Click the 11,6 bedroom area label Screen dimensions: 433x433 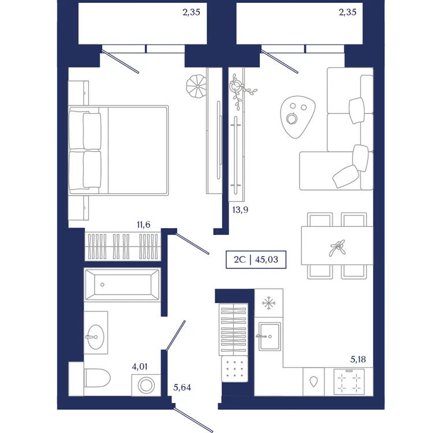point(144,225)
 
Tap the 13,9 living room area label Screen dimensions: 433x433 point(240,210)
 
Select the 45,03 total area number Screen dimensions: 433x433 point(267,260)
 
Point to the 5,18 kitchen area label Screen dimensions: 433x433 point(358,359)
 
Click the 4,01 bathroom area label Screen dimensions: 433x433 point(140,367)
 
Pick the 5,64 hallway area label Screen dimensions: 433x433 point(182,387)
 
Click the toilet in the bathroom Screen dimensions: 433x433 point(97,378)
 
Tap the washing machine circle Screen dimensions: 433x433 point(146,385)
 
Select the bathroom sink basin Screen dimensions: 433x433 point(95,337)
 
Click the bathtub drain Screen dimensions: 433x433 point(102,285)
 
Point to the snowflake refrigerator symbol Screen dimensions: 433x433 point(268,303)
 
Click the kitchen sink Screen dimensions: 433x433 point(270,337)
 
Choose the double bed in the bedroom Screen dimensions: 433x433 point(118,150)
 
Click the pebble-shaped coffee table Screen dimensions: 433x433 point(297,117)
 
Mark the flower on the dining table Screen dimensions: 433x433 point(337,248)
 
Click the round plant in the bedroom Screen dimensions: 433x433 point(196,86)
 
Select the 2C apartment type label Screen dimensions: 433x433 point(240,260)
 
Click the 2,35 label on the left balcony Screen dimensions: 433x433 point(191,12)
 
